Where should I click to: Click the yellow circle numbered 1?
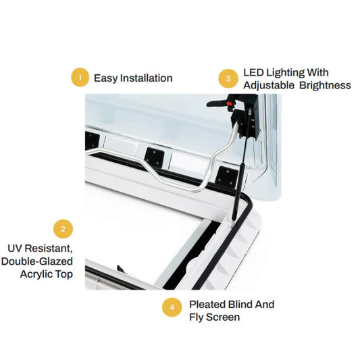click(x=80, y=78)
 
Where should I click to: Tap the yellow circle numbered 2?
click(x=63, y=229)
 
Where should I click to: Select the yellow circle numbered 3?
click(x=228, y=79)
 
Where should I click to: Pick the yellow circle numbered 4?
click(x=172, y=307)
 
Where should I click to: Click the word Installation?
click(x=147, y=78)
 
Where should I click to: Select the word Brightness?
click(x=325, y=85)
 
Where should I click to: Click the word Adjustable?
click(x=269, y=85)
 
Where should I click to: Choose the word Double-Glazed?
click(x=37, y=261)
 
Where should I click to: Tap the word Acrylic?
click(x=36, y=274)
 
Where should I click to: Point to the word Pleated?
click(x=207, y=305)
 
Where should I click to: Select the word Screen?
click(x=223, y=317)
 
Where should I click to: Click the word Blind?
click(x=240, y=305)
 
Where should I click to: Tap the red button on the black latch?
click(x=229, y=103)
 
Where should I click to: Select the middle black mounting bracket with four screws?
click(x=154, y=157)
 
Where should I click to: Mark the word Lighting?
click(x=286, y=74)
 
